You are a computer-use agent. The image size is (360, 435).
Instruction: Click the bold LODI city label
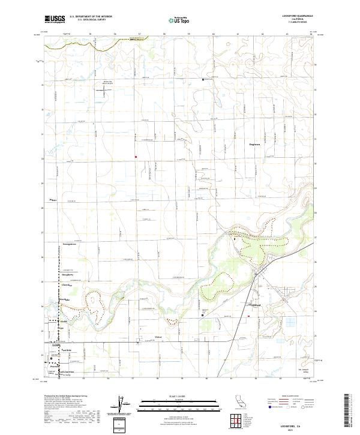point(56,346)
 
